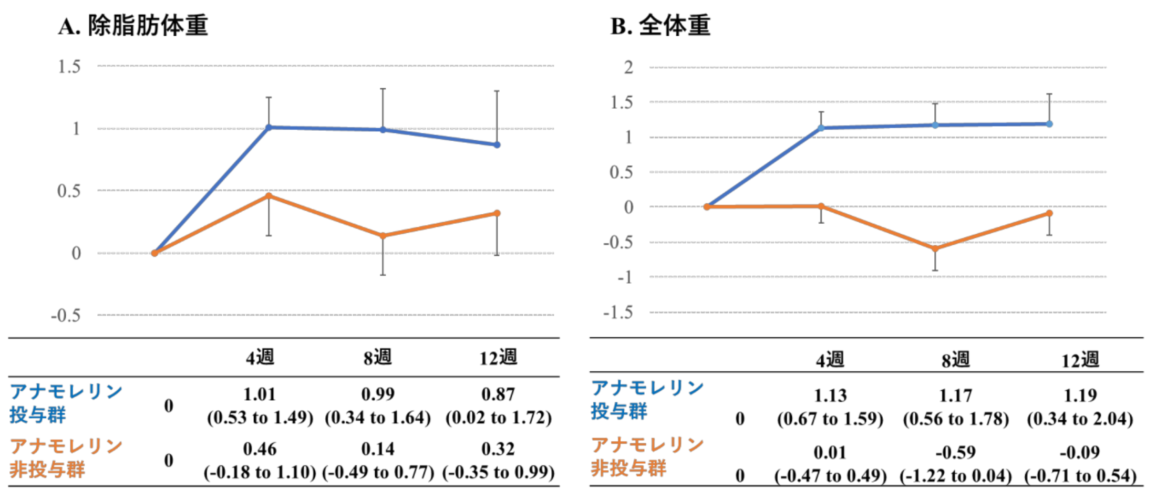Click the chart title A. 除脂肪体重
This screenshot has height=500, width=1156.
[133, 26]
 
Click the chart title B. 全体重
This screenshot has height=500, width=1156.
[660, 26]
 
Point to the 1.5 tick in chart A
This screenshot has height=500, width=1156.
[69, 67]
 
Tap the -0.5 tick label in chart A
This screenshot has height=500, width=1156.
[66, 316]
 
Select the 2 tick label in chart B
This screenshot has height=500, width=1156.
[628, 68]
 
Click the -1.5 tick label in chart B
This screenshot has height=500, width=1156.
[618, 313]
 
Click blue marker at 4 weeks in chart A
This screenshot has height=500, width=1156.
[269, 127]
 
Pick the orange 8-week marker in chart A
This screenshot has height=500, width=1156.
[383, 236]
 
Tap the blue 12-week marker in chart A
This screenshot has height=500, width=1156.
[497, 144]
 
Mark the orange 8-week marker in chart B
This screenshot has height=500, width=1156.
[935, 248]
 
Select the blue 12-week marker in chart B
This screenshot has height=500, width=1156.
[1049, 124]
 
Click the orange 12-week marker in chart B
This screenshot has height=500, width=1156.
[1049, 213]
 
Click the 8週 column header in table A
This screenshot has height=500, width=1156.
[378, 358]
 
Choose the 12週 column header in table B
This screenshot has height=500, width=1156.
[1080, 360]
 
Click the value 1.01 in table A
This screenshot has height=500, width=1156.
[260, 394]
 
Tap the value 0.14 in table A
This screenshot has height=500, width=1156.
[378, 449]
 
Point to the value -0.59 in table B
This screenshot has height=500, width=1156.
[955, 452]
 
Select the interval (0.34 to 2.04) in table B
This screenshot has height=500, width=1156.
[1080, 419]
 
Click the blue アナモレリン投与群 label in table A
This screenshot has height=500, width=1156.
[66, 403]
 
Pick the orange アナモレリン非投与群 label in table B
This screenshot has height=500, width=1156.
[647, 456]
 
